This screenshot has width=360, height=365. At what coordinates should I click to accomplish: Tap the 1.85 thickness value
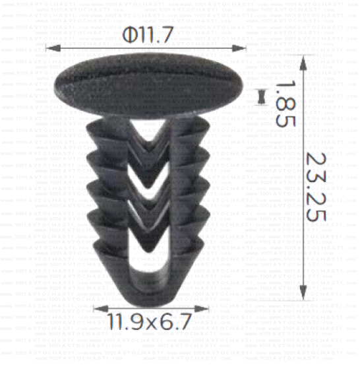tap(284, 102)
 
